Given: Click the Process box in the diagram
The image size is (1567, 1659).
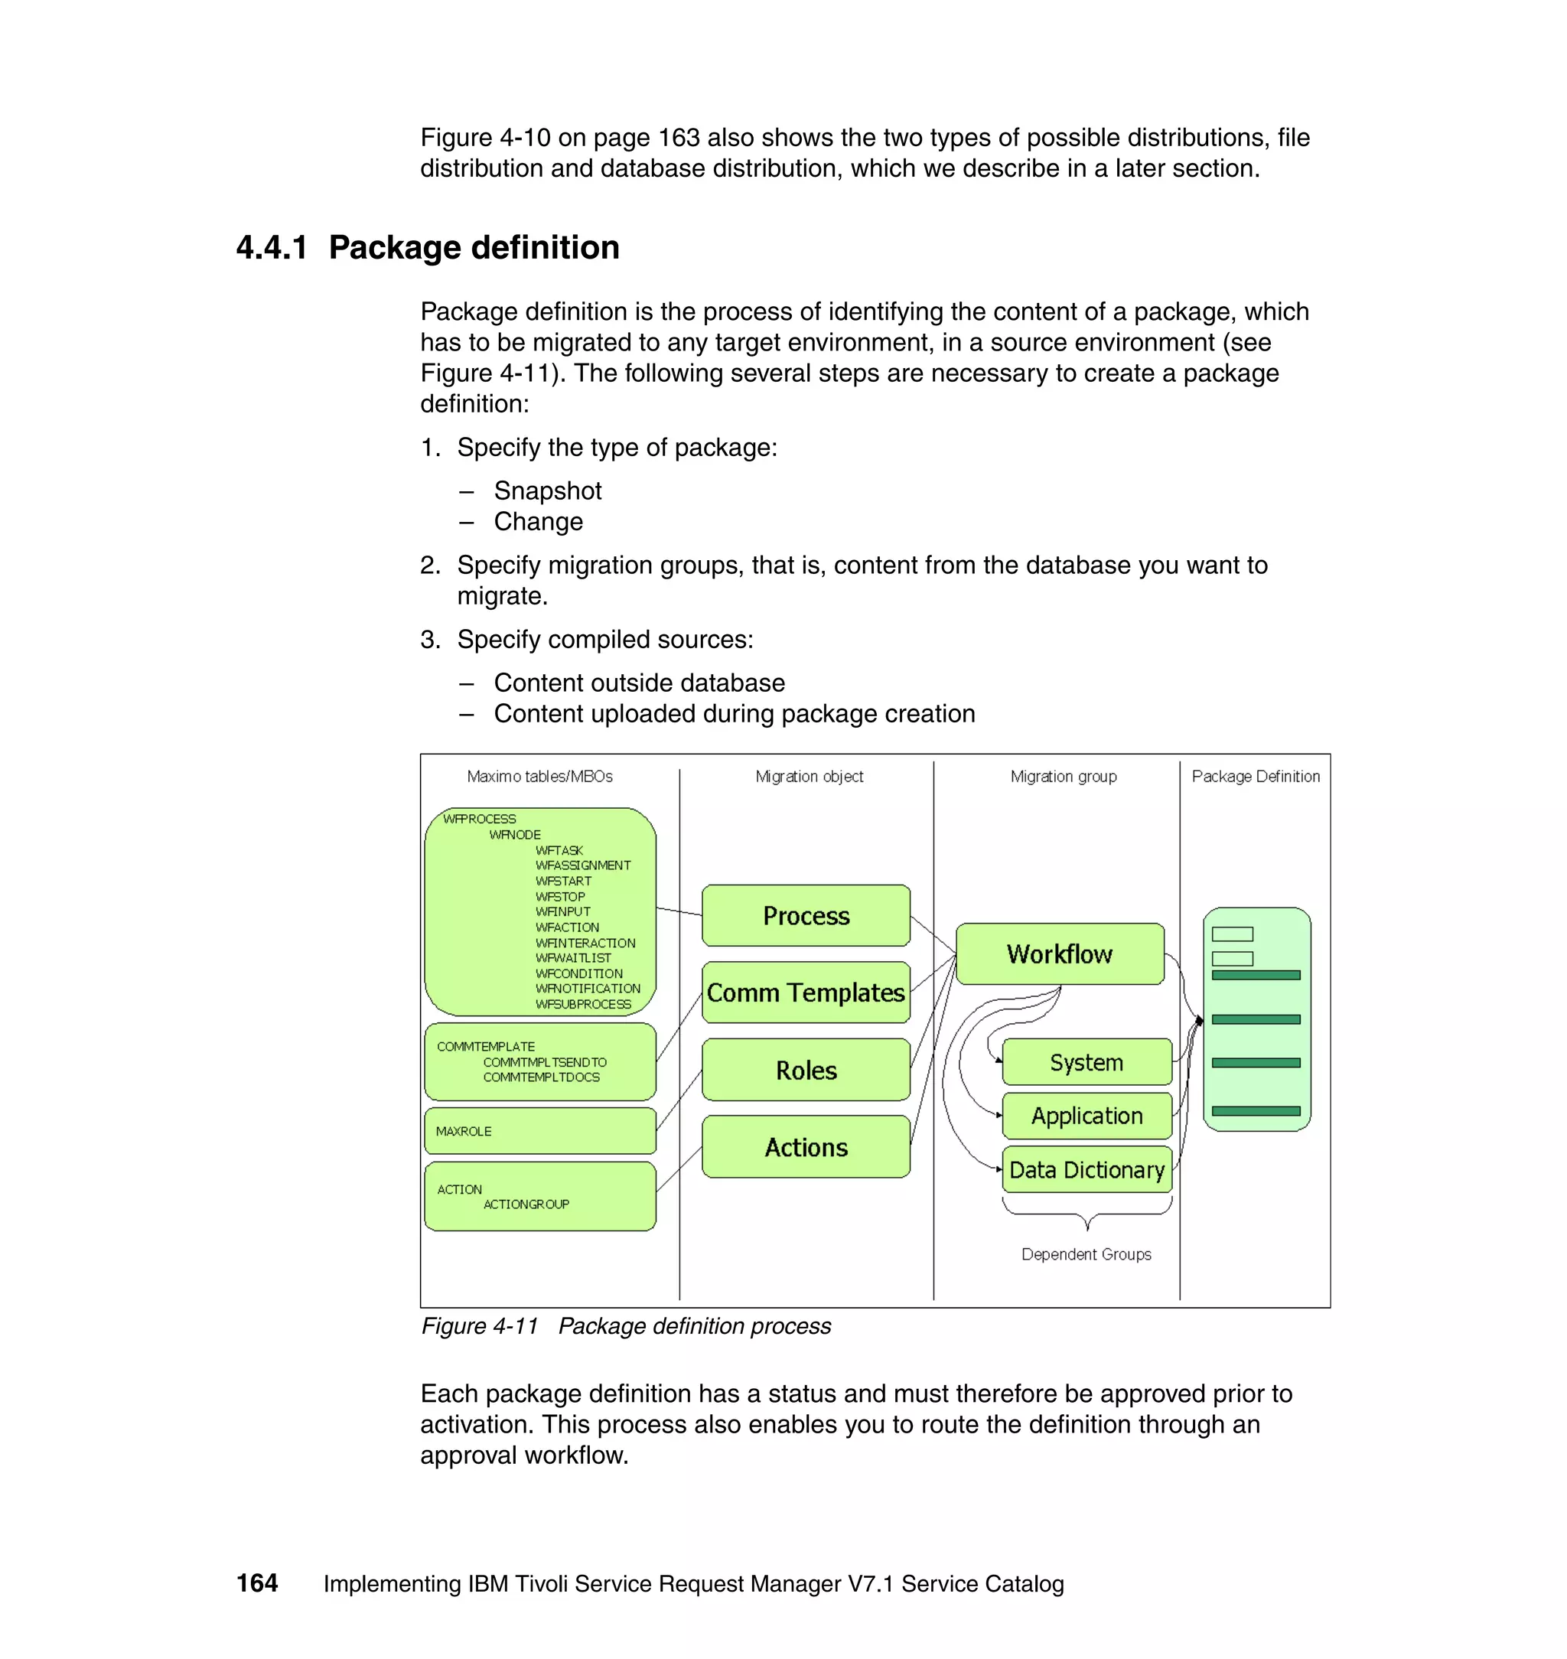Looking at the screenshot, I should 805,915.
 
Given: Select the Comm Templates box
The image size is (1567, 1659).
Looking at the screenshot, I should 805,992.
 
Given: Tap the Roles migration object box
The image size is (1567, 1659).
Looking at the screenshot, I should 805,1070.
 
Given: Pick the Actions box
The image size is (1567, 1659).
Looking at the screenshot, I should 805,1147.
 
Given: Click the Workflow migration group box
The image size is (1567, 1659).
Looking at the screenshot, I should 1059,954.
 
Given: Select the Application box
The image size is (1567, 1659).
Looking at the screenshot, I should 1086,1116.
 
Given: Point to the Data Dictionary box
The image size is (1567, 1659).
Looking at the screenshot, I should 1086,1169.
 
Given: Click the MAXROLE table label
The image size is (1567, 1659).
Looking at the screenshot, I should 464,1131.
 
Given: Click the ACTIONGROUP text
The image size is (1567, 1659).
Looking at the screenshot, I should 526,1204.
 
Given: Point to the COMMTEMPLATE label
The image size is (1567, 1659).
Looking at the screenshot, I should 485,1047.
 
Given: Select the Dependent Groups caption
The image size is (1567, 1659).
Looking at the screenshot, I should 1086,1254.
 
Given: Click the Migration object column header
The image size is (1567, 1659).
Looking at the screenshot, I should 809,776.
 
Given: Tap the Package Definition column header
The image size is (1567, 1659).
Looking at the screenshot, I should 1256,776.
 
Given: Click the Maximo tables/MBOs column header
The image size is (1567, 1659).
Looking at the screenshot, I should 539,776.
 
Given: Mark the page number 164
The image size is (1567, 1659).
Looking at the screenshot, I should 257,1583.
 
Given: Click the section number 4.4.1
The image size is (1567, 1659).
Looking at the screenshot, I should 272,248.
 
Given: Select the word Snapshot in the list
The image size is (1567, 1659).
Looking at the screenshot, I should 547,491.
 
